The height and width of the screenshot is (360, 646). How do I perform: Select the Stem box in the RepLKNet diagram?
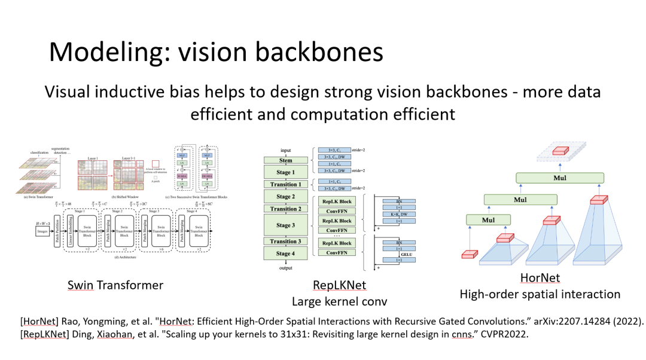(x=285, y=160)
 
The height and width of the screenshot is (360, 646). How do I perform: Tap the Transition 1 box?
(x=285, y=185)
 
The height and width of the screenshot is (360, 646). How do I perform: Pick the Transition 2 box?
(x=285, y=209)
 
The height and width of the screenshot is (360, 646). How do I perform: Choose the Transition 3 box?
(x=285, y=242)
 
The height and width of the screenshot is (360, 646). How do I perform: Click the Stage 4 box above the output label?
(x=285, y=254)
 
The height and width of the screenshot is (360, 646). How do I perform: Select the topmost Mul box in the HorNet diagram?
(x=560, y=178)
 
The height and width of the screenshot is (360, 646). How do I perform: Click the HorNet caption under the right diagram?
(x=540, y=278)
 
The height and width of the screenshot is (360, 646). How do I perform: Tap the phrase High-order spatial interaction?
(x=540, y=294)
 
